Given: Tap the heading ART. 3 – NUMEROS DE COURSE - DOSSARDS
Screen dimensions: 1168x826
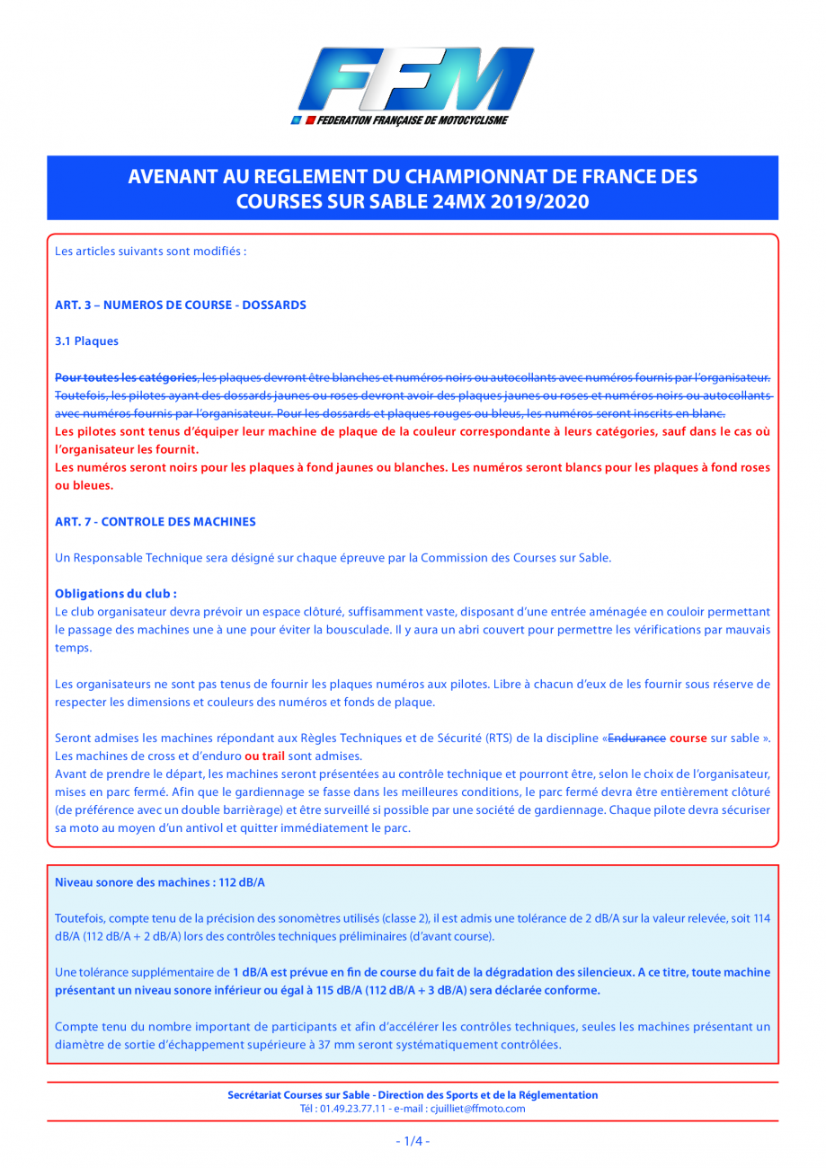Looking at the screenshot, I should click(181, 305).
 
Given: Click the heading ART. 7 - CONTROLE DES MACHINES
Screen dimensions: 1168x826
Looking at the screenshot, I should click(155, 521).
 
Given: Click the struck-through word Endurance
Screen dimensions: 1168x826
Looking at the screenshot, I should click(636, 738).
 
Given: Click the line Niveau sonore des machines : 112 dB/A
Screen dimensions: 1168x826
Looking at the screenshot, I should click(160, 883).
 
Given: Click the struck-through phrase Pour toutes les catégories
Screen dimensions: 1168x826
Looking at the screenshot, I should click(127, 376).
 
